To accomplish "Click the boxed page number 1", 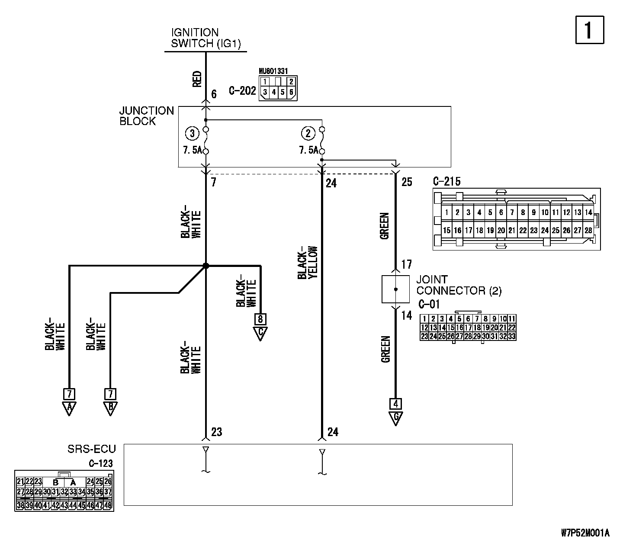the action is tap(590, 30).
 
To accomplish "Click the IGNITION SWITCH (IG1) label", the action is tap(206, 38).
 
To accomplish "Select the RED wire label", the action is tap(197, 79).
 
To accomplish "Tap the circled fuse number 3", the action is tap(192, 134).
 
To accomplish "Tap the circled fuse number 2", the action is tap(308, 134).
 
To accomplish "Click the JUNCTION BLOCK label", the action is tap(146, 116).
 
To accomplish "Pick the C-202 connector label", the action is tap(242, 91).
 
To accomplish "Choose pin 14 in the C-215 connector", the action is tap(588, 212).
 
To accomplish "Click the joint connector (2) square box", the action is tap(395, 289).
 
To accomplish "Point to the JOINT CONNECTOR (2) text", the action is tap(459, 285).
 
